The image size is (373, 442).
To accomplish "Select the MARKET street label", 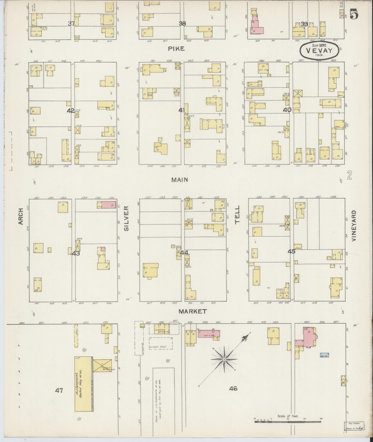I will (x=193, y=311).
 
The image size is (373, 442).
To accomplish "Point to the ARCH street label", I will (x=21, y=216).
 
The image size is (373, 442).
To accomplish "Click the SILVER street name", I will (x=126, y=218).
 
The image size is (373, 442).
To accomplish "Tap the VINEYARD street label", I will (x=353, y=226).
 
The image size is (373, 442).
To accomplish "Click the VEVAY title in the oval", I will (x=319, y=51).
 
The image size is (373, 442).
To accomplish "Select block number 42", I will (x=70, y=111).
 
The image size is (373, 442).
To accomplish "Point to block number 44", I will (x=184, y=253).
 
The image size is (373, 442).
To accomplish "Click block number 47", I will (x=59, y=391).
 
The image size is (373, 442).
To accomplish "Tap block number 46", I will (x=233, y=389).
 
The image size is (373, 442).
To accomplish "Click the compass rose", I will (x=224, y=359).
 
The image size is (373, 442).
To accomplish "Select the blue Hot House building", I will (x=324, y=355).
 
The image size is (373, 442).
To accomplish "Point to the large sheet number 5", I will (x=354, y=15).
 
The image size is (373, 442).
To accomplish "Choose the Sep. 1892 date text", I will (x=319, y=45).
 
